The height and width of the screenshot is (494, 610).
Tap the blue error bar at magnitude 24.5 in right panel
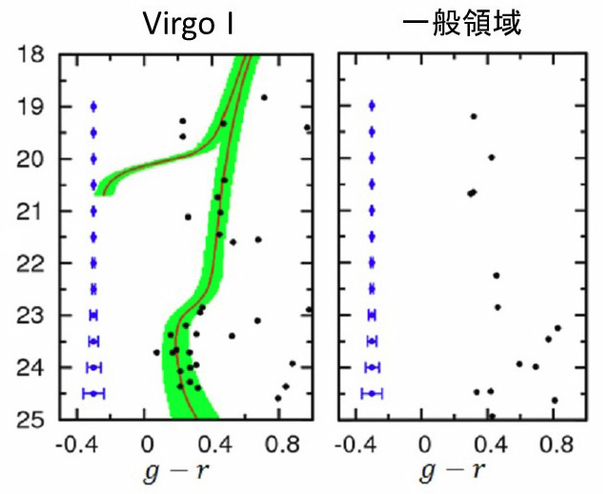coord(372,393)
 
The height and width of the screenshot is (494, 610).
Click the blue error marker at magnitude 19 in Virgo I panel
coord(93,106)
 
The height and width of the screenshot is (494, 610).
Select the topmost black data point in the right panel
coord(474,116)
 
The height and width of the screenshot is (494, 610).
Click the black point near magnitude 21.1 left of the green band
coord(188,216)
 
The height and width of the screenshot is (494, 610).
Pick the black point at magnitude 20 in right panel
coord(492,157)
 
